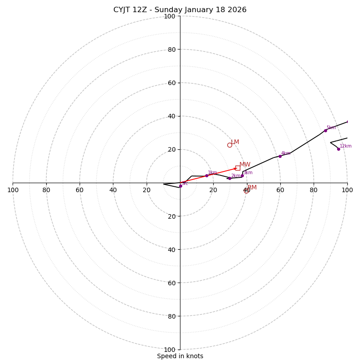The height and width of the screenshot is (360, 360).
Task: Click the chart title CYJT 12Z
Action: [x=180, y=10]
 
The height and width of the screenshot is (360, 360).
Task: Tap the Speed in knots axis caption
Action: [x=180, y=356]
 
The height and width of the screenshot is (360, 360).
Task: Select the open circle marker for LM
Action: [x=229, y=145]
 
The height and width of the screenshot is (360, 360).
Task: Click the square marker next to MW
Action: [x=238, y=168]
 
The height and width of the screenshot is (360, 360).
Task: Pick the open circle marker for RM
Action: [x=247, y=191]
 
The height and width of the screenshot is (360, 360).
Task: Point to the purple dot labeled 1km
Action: [x=207, y=175]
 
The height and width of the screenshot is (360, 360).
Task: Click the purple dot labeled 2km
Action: [x=229, y=178]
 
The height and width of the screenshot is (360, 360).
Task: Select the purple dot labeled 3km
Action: [x=242, y=175]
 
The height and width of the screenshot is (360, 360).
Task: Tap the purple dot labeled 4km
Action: [x=280, y=156]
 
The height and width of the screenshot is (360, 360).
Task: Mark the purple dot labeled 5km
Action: [x=325, y=130]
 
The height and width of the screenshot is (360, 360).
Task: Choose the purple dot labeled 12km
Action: [x=338, y=149]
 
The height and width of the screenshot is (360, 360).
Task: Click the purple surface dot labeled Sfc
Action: [x=180, y=186]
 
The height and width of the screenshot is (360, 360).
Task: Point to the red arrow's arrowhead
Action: [x=235, y=169]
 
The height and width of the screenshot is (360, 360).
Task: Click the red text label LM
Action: [x=235, y=142]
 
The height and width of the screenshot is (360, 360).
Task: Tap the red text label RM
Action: [x=252, y=188]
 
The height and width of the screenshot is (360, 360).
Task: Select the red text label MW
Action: [x=245, y=165]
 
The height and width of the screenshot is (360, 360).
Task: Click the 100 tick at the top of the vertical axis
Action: [x=169, y=17]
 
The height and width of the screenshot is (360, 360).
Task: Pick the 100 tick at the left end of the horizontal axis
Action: [x=13, y=190]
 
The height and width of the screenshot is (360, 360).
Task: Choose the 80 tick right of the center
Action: [x=314, y=190]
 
